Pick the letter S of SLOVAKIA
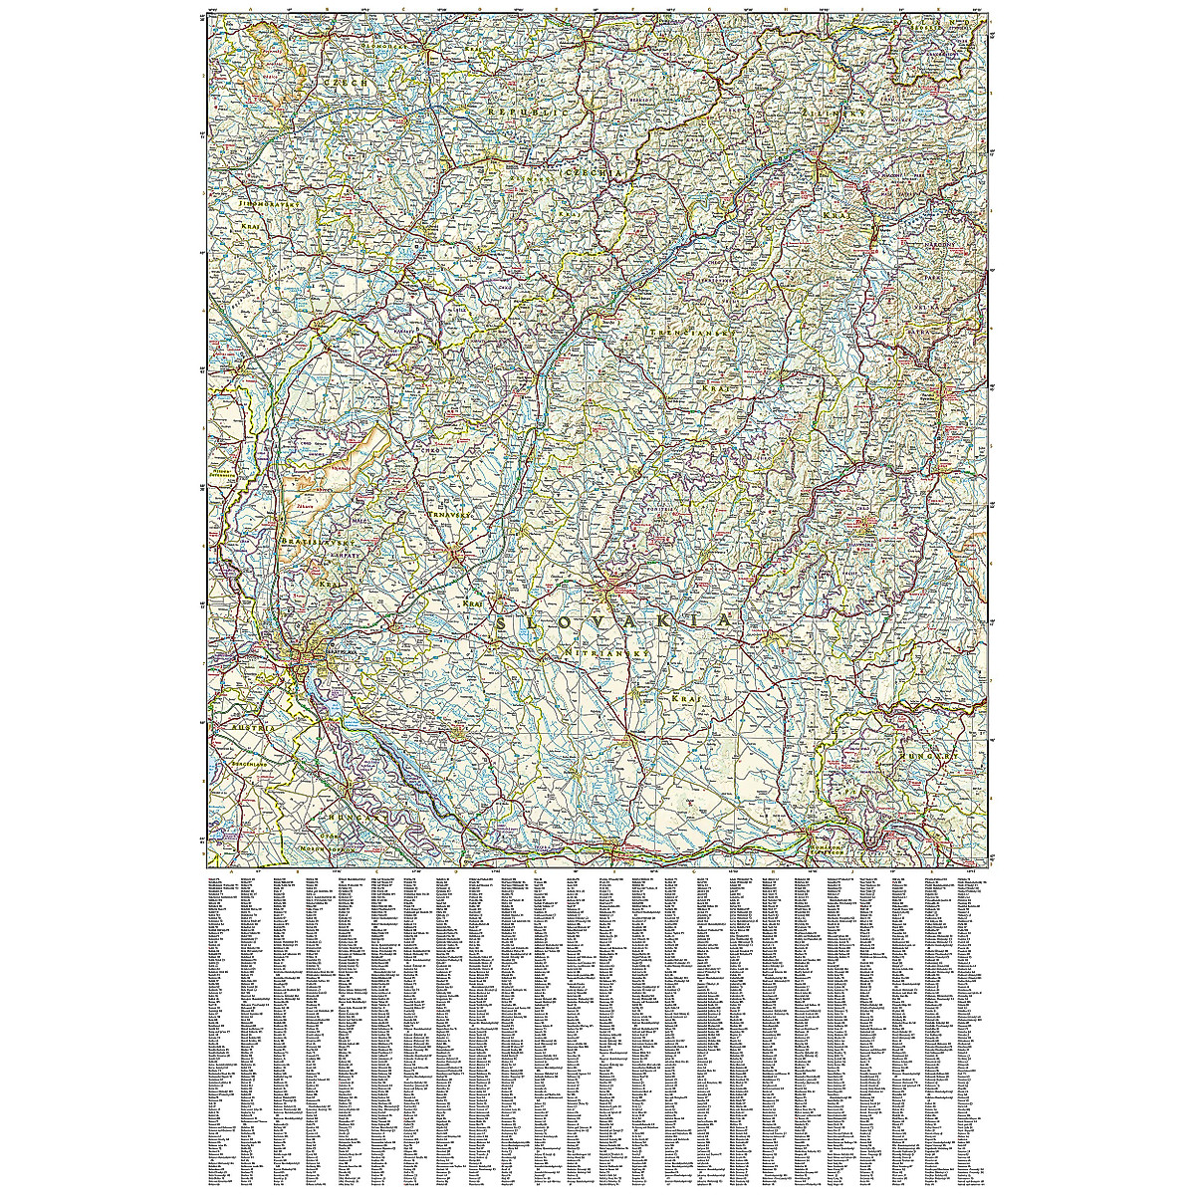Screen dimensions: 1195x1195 [502, 625]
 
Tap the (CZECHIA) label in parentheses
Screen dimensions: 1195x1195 [595, 173]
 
